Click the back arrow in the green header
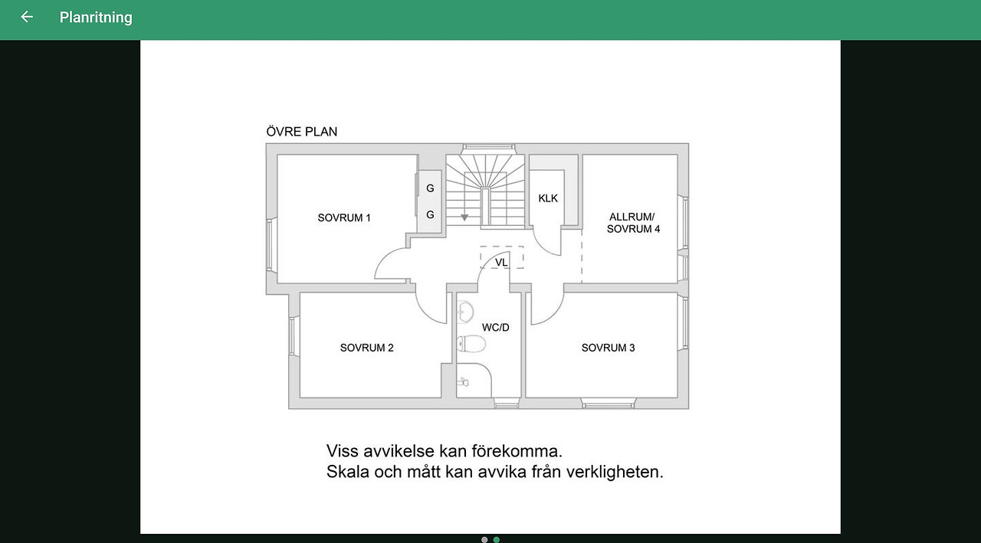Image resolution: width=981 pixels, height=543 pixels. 27,17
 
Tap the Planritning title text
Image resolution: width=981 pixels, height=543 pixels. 96,18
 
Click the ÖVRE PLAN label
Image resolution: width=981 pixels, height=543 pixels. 302,131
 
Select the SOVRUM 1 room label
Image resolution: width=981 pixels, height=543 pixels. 344,218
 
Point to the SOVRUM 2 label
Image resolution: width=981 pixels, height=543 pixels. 367,348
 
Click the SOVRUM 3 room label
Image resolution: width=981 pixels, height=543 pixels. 609,348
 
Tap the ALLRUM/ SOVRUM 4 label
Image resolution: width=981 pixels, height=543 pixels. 633,223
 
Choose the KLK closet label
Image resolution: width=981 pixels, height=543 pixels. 548,198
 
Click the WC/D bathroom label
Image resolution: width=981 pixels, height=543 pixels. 496,327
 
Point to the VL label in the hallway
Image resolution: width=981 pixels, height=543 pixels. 501,262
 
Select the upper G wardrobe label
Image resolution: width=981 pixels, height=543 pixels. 430,188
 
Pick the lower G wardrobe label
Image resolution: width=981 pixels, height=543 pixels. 430,215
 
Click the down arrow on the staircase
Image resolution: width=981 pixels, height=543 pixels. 464,218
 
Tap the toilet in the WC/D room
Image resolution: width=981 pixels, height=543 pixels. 471,344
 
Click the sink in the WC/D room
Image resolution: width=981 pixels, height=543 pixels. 464,312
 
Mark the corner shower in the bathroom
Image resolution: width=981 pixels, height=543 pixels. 474,380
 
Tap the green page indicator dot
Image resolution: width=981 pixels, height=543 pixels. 496,539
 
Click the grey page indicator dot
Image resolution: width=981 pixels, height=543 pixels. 484,539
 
